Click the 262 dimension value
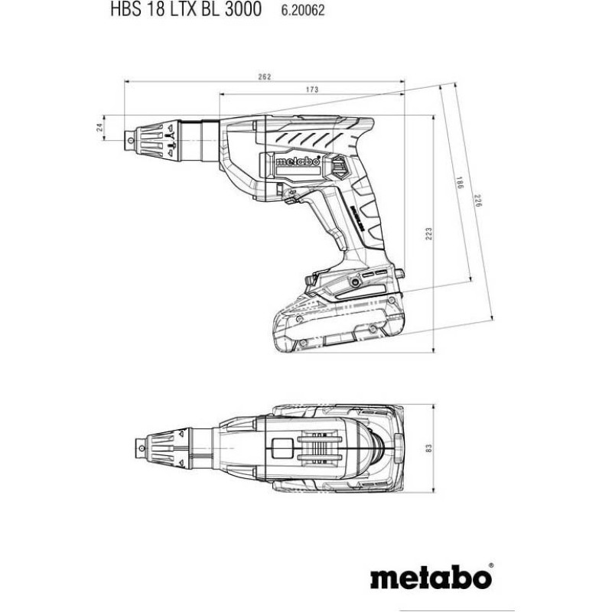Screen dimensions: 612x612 [264, 77]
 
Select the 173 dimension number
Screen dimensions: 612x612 [312, 90]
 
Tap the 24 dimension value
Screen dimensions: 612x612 [100, 127]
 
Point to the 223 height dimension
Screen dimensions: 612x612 [429, 233]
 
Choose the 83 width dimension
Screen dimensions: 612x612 [429, 448]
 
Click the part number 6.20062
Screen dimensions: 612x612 [303, 11]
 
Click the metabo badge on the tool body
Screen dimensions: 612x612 [298, 161]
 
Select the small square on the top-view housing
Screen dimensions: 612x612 [282, 448]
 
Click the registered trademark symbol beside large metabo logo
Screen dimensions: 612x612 [491, 565]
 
